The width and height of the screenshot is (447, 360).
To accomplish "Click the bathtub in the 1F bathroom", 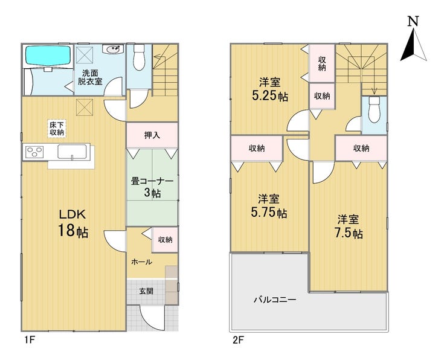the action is pos(48,56).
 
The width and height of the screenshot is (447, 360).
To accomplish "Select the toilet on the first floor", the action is pos(139,57).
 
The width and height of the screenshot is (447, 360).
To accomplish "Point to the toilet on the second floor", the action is pos(374,109).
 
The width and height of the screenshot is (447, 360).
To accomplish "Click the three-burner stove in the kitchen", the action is pos(34,151).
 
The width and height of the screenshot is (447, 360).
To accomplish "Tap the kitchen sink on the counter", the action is pos(72,152).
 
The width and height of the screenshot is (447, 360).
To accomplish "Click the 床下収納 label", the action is pos(57,129).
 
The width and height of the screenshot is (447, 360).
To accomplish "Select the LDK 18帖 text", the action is pos(72,223).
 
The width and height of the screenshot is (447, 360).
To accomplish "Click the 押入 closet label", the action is pos(152,135).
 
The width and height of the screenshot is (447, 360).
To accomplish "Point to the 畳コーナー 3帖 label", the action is pos(152,187).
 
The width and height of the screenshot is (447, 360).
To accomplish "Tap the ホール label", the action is pos(141,262).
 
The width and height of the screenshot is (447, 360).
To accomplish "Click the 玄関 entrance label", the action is pos(147,291).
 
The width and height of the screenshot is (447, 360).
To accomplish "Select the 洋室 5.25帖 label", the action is pos(269,89).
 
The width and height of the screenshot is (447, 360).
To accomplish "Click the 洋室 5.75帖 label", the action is pos(269,206).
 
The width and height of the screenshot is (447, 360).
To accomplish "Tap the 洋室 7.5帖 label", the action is pos(349,227).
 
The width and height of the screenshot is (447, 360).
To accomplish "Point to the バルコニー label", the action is pos(275,300).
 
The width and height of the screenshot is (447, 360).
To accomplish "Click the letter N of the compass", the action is pos(413,21).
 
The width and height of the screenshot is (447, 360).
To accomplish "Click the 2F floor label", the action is pos(238,340).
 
